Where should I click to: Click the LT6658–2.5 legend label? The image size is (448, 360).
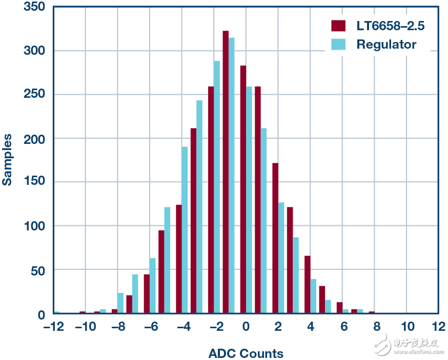tap(391, 26)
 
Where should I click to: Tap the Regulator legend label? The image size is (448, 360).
tap(386, 45)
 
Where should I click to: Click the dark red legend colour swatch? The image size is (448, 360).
tap(338, 26)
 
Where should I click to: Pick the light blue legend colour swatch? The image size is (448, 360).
tap(338, 45)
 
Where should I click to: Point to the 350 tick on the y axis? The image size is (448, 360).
tap(35, 7)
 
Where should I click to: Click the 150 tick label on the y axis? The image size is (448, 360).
tap(35, 182)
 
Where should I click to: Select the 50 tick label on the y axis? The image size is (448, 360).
tap(38, 270)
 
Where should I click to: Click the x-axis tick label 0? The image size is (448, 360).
tap(246, 327)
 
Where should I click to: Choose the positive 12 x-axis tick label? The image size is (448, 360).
tap(439, 327)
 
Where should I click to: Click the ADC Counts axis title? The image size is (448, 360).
tap(246, 353)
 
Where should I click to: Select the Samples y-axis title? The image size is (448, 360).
tap(8, 159)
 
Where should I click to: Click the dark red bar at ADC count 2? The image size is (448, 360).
tap(275, 238)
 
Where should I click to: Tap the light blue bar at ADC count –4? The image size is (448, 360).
tap(185, 230)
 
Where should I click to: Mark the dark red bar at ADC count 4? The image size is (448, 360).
tap(308, 284)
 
